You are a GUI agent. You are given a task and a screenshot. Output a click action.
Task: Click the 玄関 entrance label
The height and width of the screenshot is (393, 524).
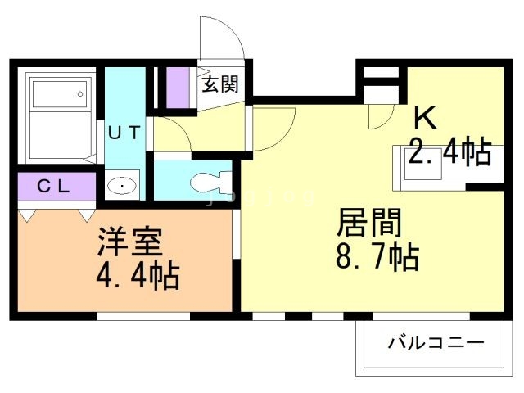221,84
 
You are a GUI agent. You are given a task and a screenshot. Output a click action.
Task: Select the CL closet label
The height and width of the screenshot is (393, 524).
54,186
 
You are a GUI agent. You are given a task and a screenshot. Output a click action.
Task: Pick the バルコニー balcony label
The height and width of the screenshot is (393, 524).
436,342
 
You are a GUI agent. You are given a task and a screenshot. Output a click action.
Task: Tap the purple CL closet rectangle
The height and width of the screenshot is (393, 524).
55,186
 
